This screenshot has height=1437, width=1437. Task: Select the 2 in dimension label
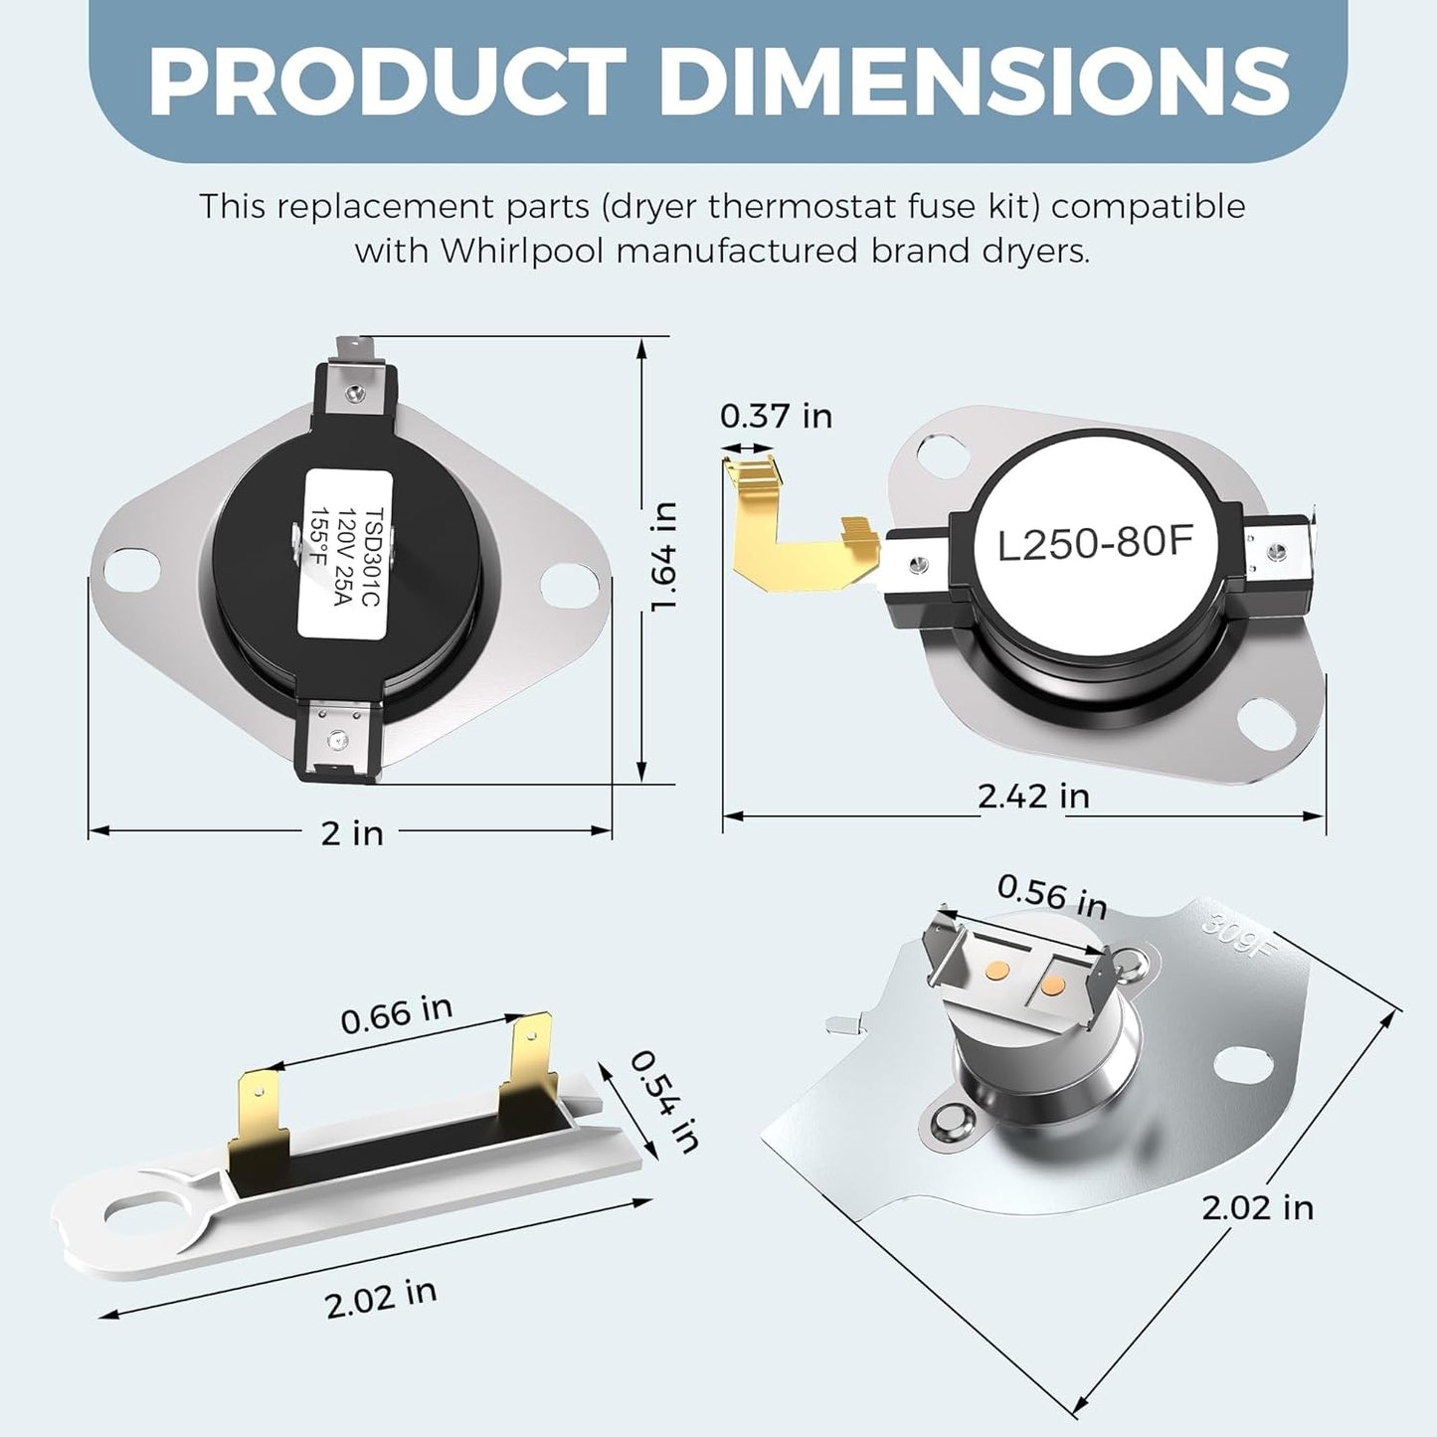click(352, 832)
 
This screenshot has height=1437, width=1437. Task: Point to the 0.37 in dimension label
click(776, 416)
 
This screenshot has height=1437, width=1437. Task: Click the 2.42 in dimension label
click(1033, 797)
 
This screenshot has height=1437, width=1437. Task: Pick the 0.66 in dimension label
click(396, 1014)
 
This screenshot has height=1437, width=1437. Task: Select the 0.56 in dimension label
click(1051, 895)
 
